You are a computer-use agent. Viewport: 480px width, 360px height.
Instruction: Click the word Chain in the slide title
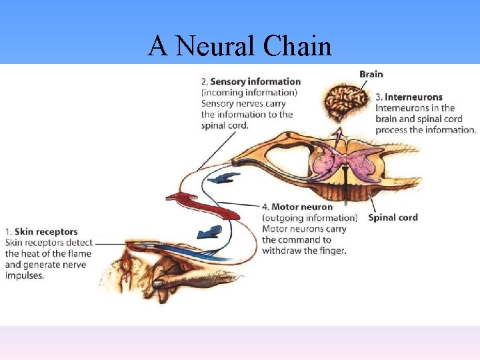click(x=297, y=47)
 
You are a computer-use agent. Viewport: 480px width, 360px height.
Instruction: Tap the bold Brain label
click(x=371, y=74)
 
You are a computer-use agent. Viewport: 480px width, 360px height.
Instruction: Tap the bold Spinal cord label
click(x=393, y=217)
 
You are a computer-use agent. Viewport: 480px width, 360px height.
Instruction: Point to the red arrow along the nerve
click(x=200, y=203)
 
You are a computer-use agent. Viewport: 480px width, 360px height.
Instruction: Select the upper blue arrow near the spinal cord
click(x=223, y=178)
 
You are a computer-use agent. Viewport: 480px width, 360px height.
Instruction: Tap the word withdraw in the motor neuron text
click(x=283, y=251)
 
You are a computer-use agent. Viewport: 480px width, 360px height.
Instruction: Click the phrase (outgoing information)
click(x=309, y=218)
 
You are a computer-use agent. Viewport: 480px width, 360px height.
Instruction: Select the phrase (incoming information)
click(x=249, y=93)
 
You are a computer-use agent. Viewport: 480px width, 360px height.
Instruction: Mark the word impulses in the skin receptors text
click(x=25, y=275)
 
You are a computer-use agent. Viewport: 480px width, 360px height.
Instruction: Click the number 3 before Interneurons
click(x=378, y=97)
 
